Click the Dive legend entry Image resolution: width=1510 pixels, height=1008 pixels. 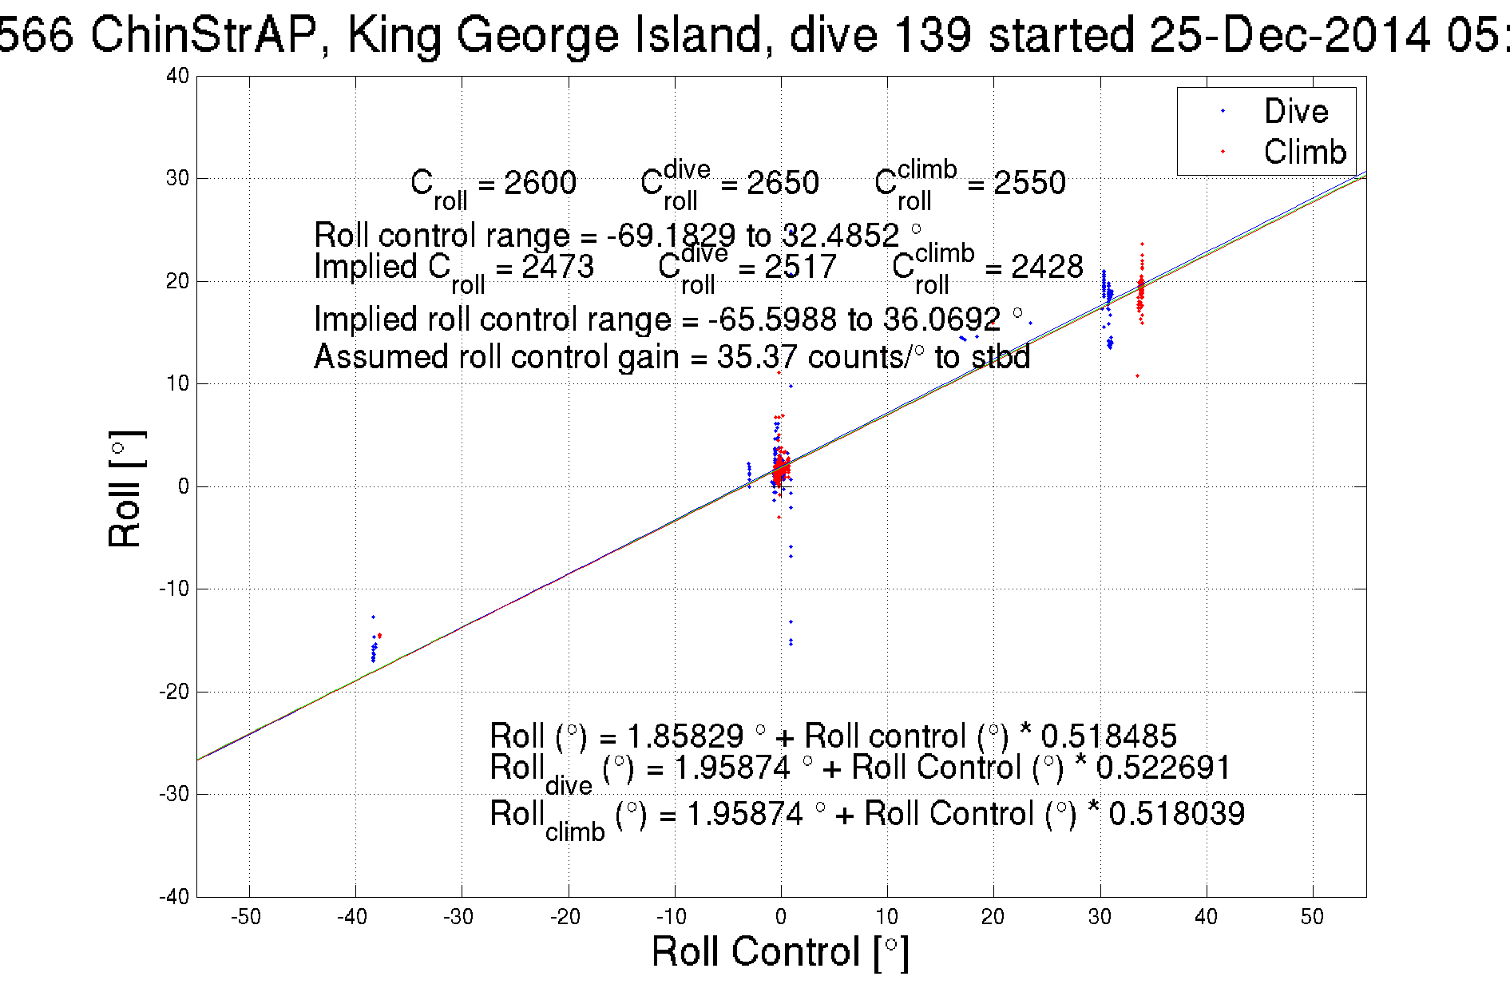click(1295, 111)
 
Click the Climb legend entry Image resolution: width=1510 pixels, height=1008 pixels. click(1304, 152)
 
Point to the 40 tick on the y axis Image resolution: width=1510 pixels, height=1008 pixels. click(178, 76)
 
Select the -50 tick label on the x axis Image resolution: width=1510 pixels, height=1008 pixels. click(246, 917)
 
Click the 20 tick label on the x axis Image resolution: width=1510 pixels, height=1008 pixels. click(993, 917)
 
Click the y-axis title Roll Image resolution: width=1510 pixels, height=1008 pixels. click(125, 490)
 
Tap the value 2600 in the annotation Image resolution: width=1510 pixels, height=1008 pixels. click(540, 183)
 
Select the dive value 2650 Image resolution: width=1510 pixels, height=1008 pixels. click(783, 183)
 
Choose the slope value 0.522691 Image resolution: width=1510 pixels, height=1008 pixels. click(1163, 768)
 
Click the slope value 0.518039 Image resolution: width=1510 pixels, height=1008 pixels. click(1176, 814)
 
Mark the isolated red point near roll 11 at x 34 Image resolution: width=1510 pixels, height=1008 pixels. click(1137, 375)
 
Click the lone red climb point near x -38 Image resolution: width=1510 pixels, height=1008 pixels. click(379, 636)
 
